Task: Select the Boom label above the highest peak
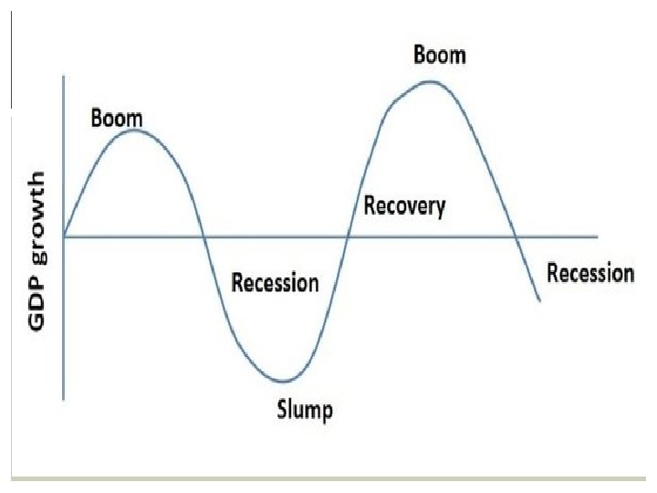[439, 55]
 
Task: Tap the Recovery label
[405, 205]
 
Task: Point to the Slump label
[305, 408]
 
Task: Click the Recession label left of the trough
[275, 282]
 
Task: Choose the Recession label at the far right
[589, 272]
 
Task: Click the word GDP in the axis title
[41, 311]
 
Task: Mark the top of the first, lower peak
[134, 131]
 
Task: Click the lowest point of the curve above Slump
[284, 381]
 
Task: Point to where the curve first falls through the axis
[203, 236]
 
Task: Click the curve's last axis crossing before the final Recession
[516, 236]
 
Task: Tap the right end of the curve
[540, 300]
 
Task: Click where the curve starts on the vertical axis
[64, 236]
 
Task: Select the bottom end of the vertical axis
[64, 398]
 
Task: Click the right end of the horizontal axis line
[598, 236]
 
